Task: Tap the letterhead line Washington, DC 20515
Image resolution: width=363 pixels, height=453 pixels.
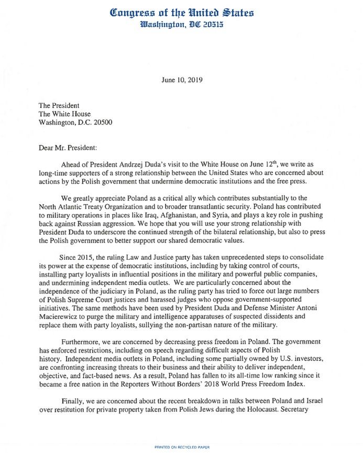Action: pos(181,25)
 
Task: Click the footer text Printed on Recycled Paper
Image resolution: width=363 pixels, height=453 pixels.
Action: pos(182,447)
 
